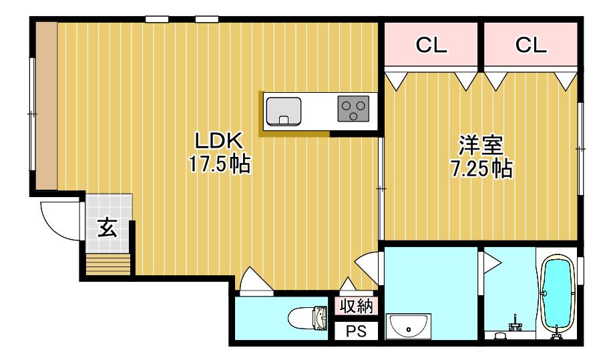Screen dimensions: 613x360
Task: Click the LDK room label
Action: click(219, 142)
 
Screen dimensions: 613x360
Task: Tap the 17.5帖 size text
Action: click(219, 164)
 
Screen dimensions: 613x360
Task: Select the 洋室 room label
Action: click(481, 146)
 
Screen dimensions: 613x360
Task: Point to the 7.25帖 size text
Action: click(481, 168)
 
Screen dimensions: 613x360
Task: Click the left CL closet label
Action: click(431, 45)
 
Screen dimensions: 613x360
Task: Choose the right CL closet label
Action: click(530, 45)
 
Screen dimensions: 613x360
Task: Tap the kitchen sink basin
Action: click(283, 111)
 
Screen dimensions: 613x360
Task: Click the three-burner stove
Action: click(353, 108)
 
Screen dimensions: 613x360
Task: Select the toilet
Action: click(307, 317)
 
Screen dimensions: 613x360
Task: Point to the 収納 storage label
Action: click(357, 306)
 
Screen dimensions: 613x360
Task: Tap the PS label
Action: click(357, 331)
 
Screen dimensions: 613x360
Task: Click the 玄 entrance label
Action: click(108, 228)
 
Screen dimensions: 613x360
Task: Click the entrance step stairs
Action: click(108, 264)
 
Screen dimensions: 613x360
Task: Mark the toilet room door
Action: click(256, 280)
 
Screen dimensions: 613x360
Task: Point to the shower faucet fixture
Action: click(515, 324)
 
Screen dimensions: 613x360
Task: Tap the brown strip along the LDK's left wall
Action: click(46, 106)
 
